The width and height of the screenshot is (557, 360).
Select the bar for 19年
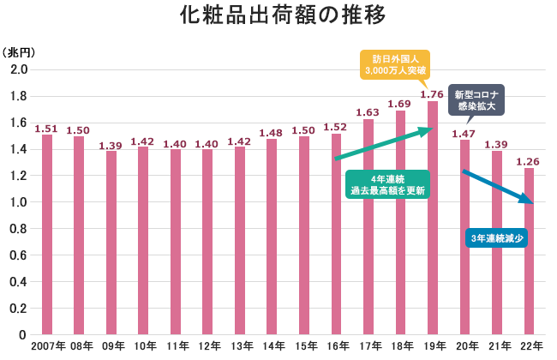pyautogui.click(x=432, y=218)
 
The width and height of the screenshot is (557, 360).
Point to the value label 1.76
pyautogui.click(x=432, y=94)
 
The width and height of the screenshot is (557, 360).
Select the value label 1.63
pyautogui.click(x=368, y=111)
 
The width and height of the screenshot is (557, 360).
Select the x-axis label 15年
pyautogui.click(x=304, y=345)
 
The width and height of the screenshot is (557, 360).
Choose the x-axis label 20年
pyautogui.click(x=465, y=345)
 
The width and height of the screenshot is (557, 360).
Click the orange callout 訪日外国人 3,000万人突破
pyautogui.click(x=394, y=63)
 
